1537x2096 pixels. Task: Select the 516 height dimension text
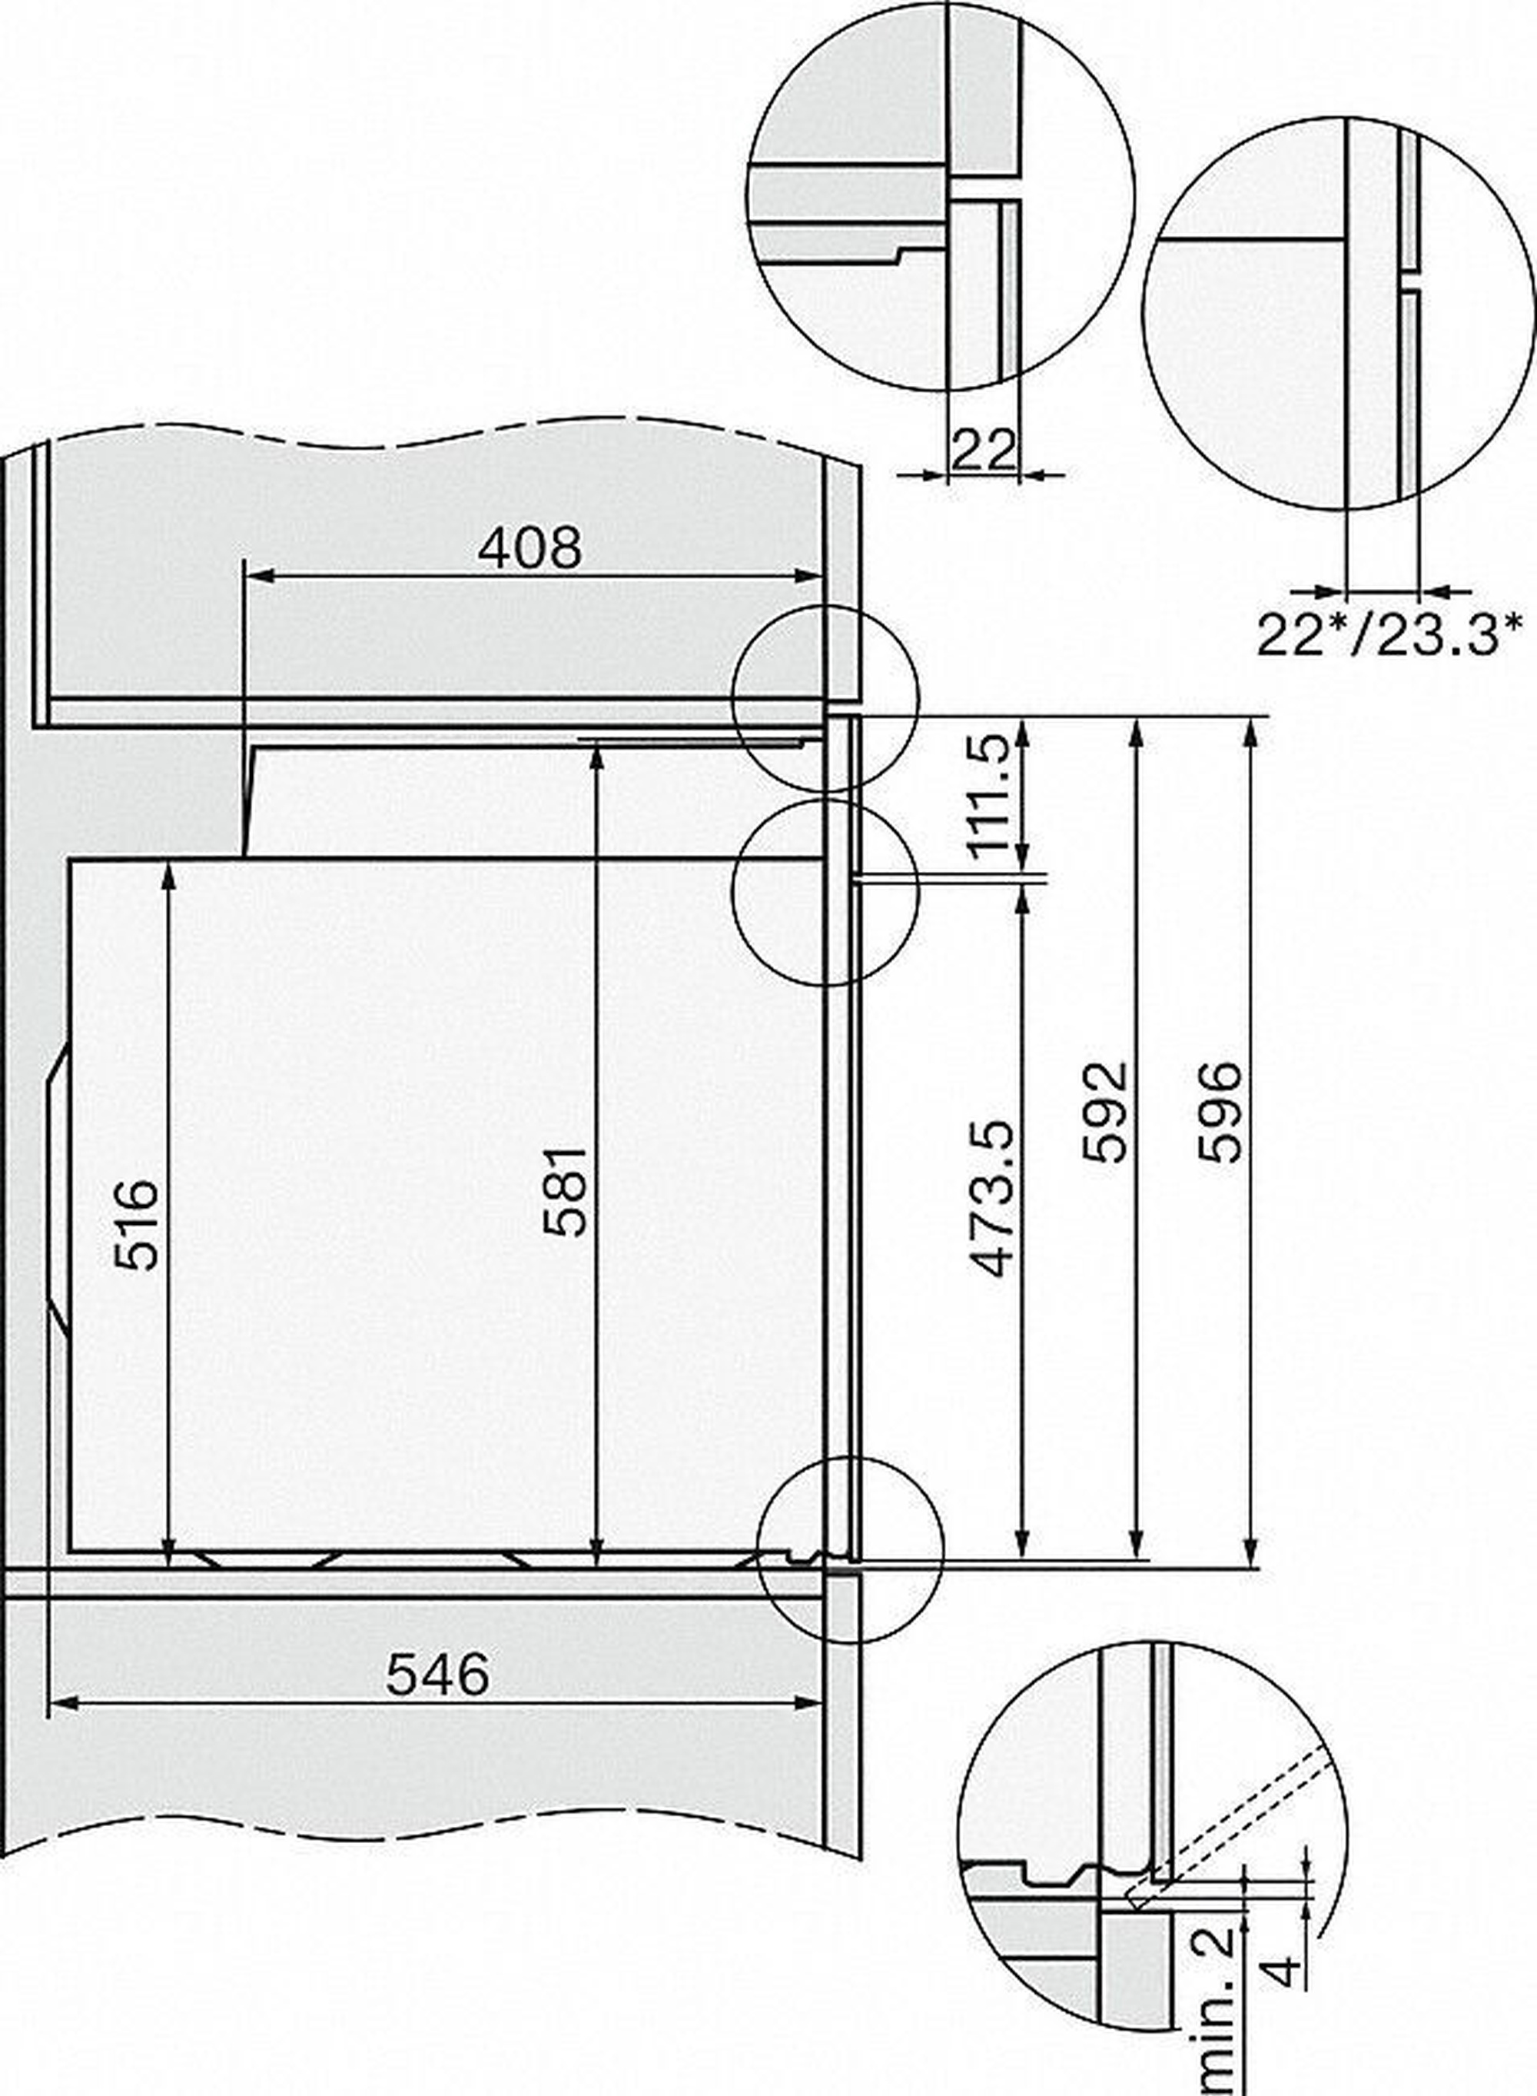coord(137,1224)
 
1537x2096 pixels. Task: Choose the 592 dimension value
coord(1105,1113)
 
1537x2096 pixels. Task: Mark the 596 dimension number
coord(1220,1113)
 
